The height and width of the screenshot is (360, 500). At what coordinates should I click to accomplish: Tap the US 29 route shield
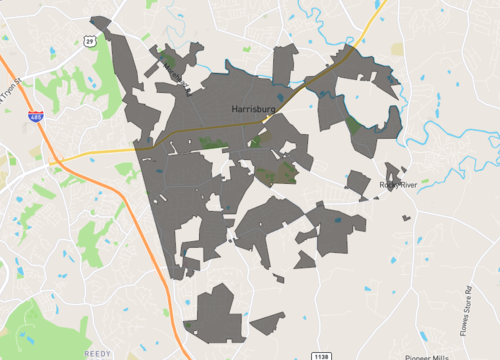89,40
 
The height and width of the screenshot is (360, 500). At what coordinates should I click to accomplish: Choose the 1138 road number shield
319,354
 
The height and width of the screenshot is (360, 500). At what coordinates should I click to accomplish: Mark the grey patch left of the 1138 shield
268,323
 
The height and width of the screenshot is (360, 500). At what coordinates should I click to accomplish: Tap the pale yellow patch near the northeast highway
398,48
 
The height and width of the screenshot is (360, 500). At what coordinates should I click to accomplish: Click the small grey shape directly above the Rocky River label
358,183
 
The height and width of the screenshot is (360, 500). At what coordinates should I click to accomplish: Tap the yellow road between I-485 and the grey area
100,152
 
